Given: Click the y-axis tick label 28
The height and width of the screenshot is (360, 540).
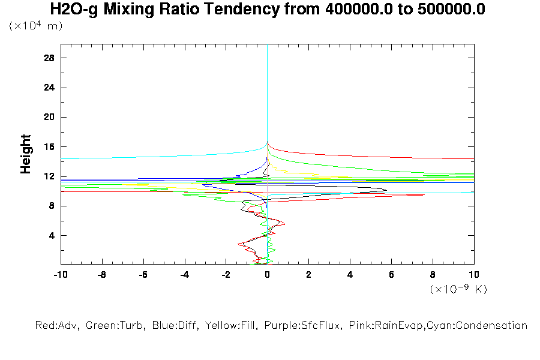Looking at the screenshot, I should [50, 58].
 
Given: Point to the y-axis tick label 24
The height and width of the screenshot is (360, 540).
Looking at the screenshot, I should [50, 88].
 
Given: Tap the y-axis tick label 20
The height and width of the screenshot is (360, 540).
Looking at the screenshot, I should [50, 117].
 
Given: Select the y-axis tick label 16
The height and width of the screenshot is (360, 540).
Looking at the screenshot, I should [50, 146].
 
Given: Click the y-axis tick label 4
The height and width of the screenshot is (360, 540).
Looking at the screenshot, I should [52, 235].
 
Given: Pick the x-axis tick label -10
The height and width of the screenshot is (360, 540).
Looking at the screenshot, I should [60, 274].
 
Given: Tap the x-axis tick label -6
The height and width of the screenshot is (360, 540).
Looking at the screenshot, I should [143, 274].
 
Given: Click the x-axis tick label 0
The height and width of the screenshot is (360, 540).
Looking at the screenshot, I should [268, 274].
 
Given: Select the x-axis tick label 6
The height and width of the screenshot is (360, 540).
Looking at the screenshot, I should [392, 274].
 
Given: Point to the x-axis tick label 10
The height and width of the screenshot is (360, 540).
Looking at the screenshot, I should [474, 274].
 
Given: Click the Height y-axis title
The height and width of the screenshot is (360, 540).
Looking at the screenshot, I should [26, 154].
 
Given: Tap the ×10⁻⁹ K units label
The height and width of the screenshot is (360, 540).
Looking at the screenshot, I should [458, 289].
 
